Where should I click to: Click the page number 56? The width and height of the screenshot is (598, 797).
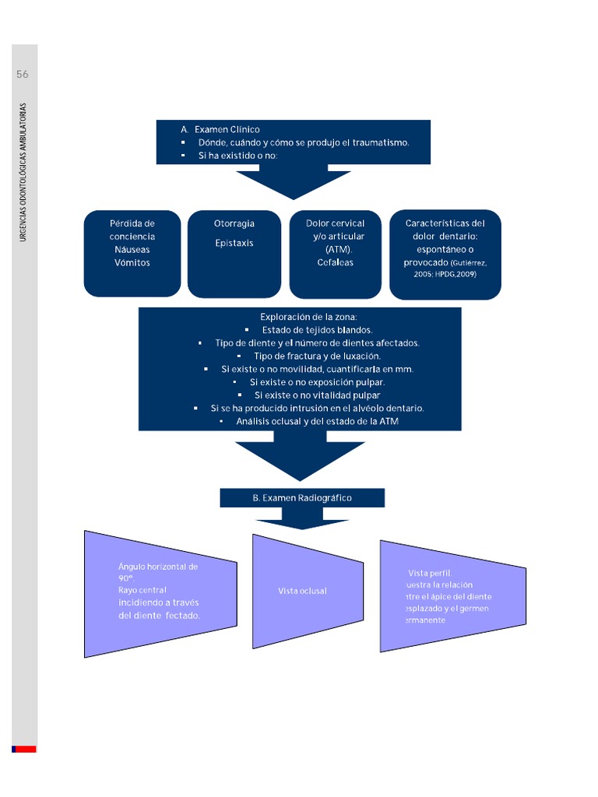23,75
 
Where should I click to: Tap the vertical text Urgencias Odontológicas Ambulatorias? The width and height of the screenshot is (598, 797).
23,171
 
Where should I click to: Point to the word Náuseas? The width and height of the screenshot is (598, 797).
132,250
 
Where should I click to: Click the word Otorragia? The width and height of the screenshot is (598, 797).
234,223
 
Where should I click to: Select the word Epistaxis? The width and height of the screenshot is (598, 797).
234,243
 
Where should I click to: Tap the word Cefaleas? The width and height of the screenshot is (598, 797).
335,262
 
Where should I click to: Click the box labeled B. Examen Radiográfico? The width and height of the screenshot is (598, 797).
302,497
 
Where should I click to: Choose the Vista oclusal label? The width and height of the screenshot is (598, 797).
302,591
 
